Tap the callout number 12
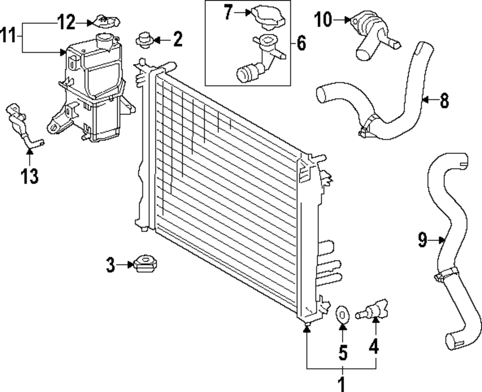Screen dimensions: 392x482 (67, 22)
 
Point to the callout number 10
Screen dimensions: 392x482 (323, 20)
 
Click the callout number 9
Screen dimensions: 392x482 (423, 240)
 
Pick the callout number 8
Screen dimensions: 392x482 (444, 101)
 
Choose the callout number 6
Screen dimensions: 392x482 (301, 44)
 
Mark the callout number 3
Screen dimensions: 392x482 (111, 264)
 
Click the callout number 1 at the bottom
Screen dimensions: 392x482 (342, 384)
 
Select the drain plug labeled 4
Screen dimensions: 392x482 (374, 309)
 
